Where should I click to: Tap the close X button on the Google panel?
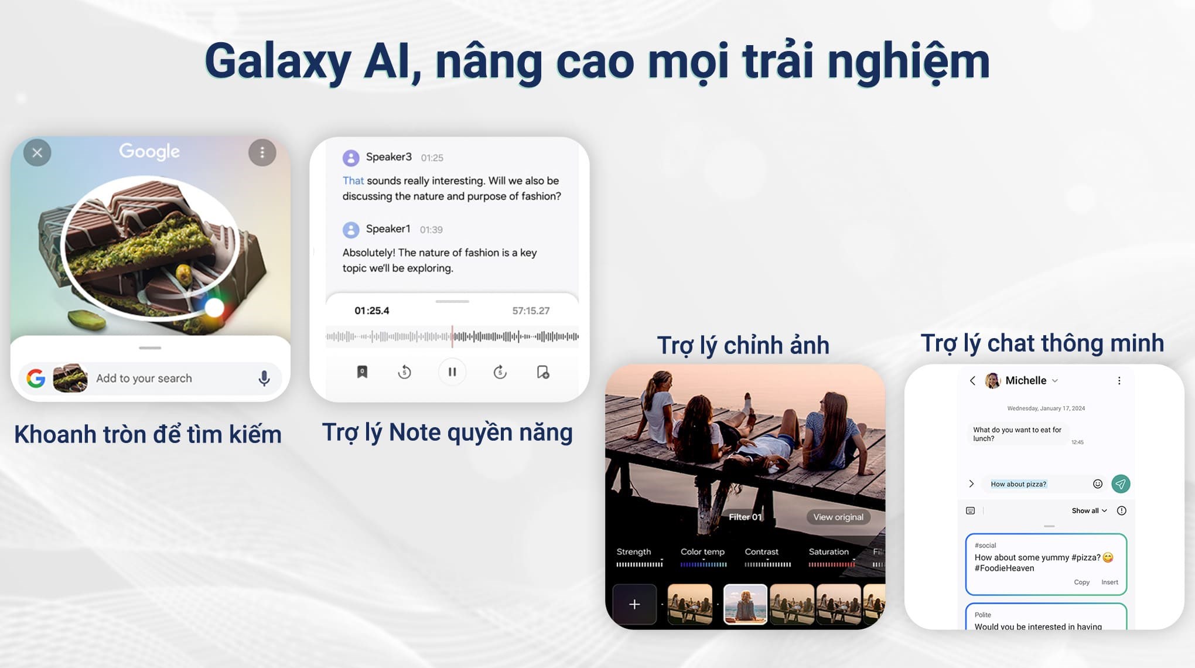[x=37, y=153]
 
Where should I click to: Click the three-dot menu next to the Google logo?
[x=262, y=153]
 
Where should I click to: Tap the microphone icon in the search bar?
[x=264, y=379]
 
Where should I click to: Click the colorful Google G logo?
[x=36, y=379]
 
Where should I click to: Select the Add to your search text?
[x=144, y=379]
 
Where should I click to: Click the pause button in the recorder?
[x=452, y=372]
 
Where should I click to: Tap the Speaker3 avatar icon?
[x=351, y=158]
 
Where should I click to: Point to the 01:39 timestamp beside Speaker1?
[x=431, y=230]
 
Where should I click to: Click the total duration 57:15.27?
[x=531, y=311]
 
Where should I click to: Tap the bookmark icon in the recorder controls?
[x=362, y=372]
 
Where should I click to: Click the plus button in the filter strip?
[x=634, y=604]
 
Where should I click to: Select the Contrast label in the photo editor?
[x=762, y=551]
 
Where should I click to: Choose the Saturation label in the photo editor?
[x=828, y=551]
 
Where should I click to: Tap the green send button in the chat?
[x=1121, y=483]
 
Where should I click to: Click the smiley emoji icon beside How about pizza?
[x=1098, y=483]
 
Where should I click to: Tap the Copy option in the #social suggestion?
[x=1081, y=582]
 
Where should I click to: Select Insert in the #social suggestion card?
[x=1109, y=582]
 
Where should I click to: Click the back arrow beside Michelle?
[x=972, y=381]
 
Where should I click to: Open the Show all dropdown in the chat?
[x=1089, y=510]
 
